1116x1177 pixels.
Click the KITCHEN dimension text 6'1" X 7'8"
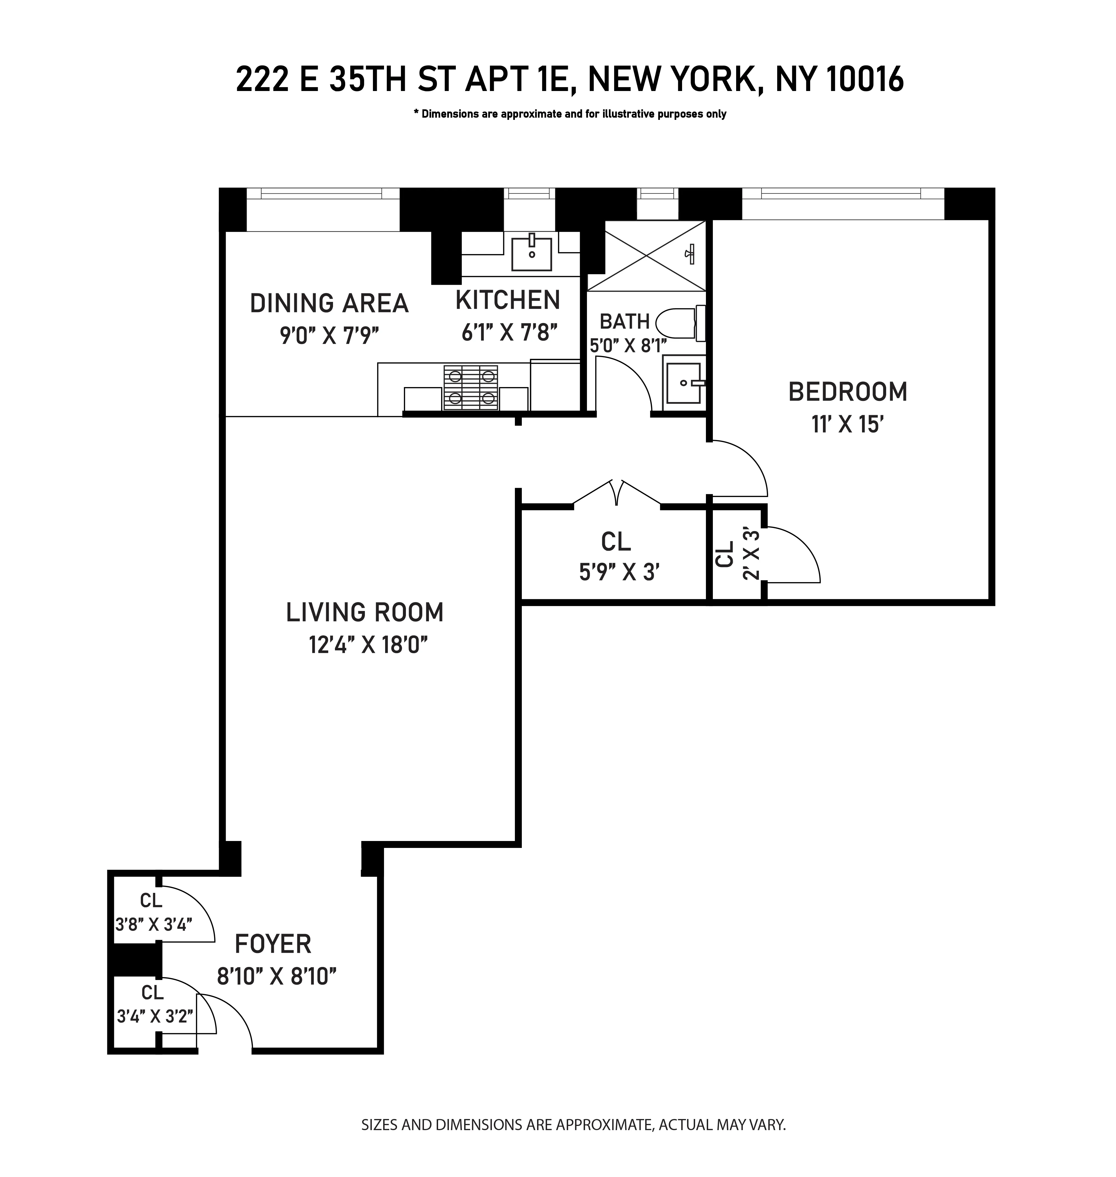pos(509,332)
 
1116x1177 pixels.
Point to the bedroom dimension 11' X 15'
pos(845,425)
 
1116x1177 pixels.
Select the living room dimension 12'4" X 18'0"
pos(368,645)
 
